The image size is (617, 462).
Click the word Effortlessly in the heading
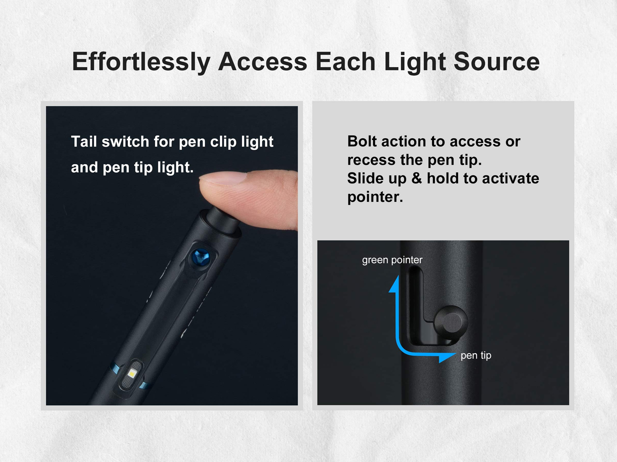(x=141, y=62)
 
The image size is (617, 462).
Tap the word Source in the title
(x=496, y=62)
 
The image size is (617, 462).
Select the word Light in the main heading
(x=415, y=62)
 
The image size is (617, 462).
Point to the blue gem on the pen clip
(x=201, y=258)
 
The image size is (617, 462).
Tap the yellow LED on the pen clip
(x=132, y=373)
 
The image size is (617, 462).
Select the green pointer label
(x=392, y=260)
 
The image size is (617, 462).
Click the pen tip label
(x=476, y=355)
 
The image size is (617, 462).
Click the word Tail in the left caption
(x=84, y=142)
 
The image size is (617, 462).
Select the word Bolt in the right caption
(x=362, y=141)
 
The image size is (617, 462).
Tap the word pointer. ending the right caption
(x=375, y=197)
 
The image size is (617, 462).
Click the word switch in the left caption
(x=125, y=142)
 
